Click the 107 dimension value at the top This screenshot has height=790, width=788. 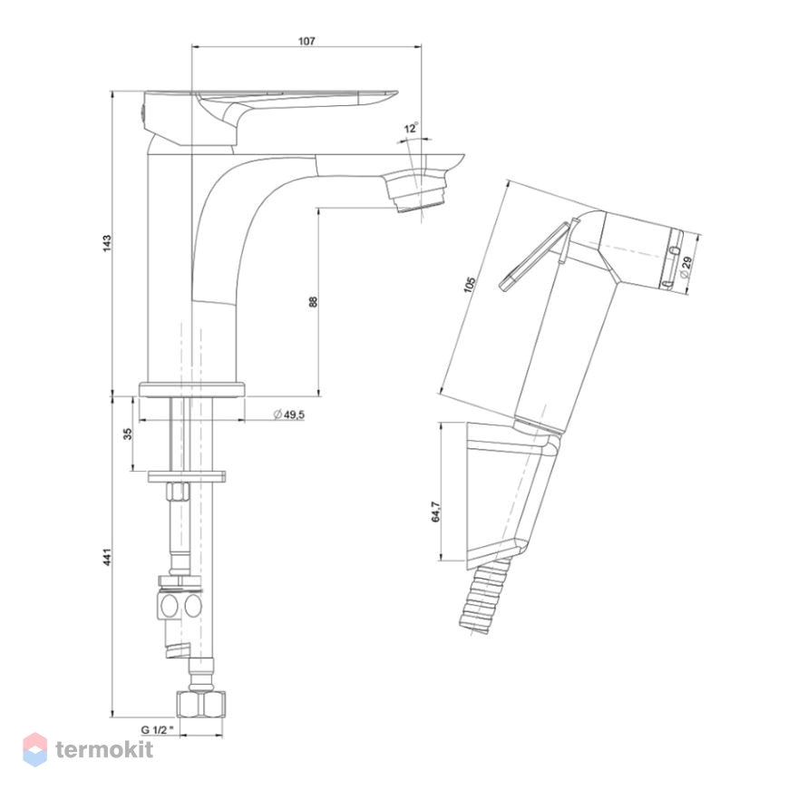(x=306, y=41)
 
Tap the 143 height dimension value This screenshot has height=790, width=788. (x=107, y=243)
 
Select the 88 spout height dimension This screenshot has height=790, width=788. (x=313, y=302)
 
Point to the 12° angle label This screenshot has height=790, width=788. (x=411, y=128)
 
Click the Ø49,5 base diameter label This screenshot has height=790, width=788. (x=288, y=415)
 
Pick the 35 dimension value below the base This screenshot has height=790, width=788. (x=128, y=434)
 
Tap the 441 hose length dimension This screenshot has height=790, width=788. (x=107, y=556)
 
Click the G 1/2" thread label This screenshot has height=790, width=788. (x=157, y=729)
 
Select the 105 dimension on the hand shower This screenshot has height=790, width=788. (x=469, y=285)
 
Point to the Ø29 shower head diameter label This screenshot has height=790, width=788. (x=686, y=267)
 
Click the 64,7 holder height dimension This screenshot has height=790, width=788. (x=436, y=512)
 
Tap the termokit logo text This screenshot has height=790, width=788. (x=103, y=750)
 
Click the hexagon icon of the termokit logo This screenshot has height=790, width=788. (x=35, y=750)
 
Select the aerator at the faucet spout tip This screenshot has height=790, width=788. (x=416, y=192)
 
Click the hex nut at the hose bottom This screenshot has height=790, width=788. (x=201, y=705)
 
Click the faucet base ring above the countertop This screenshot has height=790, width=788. (x=191, y=390)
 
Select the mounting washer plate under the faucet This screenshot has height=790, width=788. (x=187, y=476)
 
